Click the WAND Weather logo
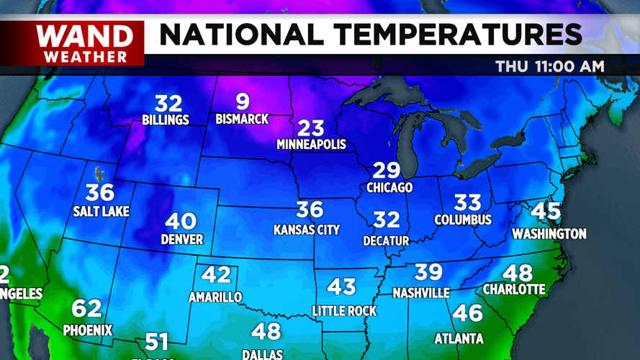click(x=85, y=43)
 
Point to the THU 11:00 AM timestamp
click(x=549, y=67)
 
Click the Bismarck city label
click(x=242, y=119)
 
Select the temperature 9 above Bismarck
click(x=243, y=102)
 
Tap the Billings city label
click(x=166, y=120)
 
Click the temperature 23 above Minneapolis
click(x=311, y=127)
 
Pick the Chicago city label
click(x=389, y=187)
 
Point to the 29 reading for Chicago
click(x=386, y=170)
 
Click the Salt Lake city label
click(x=101, y=211)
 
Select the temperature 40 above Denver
click(x=181, y=222)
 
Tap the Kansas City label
click(x=307, y=230)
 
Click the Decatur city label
click(x=386, y=240)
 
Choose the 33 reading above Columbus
click(x=467, y=202)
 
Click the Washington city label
click(x=549, y=233)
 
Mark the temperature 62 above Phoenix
click(x=86, y=308)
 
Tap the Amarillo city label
click(x=215, y=297)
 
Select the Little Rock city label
click(x=345, y=310)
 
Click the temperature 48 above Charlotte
click(x=517, y=272)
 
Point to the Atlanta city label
click(x=459, y=338)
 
